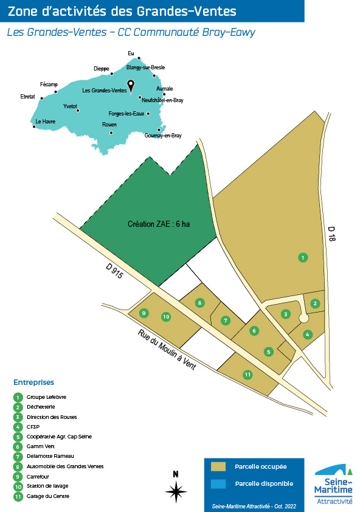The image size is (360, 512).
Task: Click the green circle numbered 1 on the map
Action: point(303,258)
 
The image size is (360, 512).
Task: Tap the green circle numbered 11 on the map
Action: point(247,375)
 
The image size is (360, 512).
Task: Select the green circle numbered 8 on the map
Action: point(199,303)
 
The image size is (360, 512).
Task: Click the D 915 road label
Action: point(115,271)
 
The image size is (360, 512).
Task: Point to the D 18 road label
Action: point(331,234)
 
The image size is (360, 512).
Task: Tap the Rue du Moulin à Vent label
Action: point(167,350)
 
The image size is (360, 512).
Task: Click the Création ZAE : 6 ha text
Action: point(159,224)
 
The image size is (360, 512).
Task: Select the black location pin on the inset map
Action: point(131,87)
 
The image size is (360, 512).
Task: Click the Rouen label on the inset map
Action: point(109,125)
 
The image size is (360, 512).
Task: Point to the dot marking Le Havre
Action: point(34,126)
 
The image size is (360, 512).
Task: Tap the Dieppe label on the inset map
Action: point(102,69)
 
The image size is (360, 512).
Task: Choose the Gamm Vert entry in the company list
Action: point(41,446)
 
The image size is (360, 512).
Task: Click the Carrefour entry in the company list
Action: point(38,476)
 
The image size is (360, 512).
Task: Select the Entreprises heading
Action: point(33,382)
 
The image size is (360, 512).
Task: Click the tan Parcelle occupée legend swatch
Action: point(218,466)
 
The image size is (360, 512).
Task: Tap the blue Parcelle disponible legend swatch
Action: point(218,484)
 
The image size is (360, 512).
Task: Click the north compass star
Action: point(176,491)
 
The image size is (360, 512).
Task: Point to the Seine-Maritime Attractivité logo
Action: point(333,484)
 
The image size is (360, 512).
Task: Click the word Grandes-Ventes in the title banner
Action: point(186,12)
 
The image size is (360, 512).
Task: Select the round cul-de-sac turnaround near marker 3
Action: point(304,318)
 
